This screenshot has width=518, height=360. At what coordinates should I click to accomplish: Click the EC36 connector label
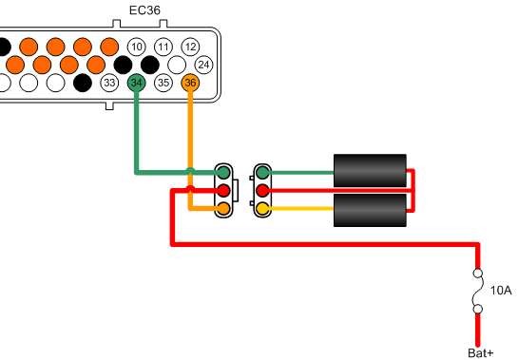144,12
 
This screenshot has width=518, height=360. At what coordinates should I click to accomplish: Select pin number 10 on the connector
136,47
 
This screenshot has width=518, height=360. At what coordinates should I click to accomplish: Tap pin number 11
163,47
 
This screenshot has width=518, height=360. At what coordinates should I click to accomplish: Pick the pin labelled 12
190,47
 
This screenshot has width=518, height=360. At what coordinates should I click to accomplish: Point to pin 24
203,65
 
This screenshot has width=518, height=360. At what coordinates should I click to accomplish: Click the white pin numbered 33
109,84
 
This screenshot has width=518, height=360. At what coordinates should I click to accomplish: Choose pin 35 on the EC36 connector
163,84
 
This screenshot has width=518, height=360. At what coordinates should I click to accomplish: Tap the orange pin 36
190,84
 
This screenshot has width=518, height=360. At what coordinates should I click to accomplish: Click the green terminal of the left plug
222,173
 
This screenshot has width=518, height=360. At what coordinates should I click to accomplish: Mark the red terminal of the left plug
222,191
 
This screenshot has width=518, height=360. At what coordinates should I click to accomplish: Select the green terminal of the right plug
262,173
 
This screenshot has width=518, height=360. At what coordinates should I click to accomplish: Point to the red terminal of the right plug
262,191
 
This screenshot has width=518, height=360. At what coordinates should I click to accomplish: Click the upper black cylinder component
370,170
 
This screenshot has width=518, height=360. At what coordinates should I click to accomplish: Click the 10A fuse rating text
500,291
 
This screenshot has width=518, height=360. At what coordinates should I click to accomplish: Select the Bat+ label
481,353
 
